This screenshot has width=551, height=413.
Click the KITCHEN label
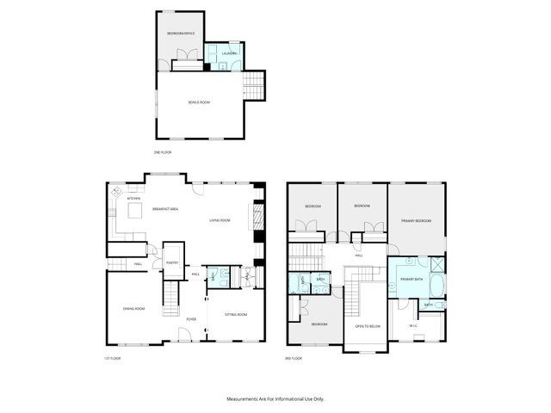pyautogui.click(x=133, y=199)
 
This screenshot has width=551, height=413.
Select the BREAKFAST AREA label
pyautogui.click(x=165, y=209)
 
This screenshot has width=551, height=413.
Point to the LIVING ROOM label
pyautogui.click(x=220, y=220)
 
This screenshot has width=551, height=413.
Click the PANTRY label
pyautogui.click(x=172, y=263)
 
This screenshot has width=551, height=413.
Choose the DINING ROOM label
pyautogui.click(x=133, y=309)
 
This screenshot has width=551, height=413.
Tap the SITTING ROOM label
pyautogui.click(x=236, y=314)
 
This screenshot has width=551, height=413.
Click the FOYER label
pyautogui.click(x=191, y=318)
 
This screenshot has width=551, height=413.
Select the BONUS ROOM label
pyautogui.click(x=199, y=102)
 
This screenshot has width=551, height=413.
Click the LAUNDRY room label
pyautogui.click(x=228, y=53)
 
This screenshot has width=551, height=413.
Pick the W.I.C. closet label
pyautogui.click(x=414, y=324)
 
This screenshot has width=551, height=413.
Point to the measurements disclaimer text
pyautogui.click(x=275, y=398)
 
